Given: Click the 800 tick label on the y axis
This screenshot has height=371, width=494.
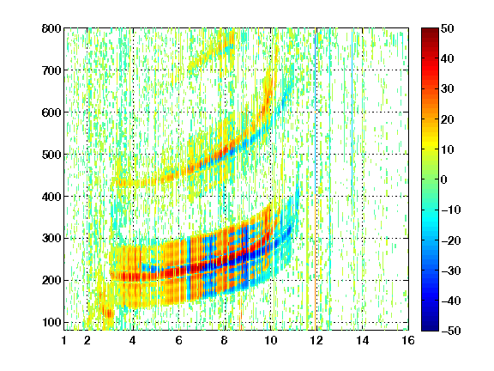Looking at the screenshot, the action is (x=51, y=28).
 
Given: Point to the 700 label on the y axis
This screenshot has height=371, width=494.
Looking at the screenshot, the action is (x=51, y=70).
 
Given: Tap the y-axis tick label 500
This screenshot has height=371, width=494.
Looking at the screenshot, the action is (x=51, y=155).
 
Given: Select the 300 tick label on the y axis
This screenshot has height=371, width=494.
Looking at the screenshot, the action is (x=51, y=239).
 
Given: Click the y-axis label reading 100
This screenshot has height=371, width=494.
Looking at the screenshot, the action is (x=51, y=322).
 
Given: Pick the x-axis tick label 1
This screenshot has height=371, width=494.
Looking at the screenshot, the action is (x=64, y=340).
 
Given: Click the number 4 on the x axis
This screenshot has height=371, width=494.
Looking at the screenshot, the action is (x=133, y=340).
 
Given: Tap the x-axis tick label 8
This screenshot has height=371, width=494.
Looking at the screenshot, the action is (x=225, y=340).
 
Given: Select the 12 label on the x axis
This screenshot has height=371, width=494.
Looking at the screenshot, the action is (x=316, y=340).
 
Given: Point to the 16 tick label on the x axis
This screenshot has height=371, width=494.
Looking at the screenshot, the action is (x=408, y=340).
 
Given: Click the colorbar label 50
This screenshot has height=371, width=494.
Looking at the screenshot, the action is (x=448, y=28).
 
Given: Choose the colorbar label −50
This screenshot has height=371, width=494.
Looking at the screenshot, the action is (x=451, y=331).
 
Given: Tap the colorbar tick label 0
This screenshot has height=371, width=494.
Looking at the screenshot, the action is (x=444, y=179).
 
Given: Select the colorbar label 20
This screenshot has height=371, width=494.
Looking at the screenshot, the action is (x=448, y=119).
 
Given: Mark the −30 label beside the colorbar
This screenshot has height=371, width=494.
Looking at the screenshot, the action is (x=451, y=271).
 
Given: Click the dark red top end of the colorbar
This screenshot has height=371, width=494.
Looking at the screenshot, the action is (x=430, y=30).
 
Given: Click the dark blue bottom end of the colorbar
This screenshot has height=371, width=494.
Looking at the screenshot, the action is (x=430, y=329).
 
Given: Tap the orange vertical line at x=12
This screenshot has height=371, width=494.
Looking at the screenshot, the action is (x=315, y=221).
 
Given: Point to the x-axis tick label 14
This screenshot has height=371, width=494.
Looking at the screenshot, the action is (x=362, y=340).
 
